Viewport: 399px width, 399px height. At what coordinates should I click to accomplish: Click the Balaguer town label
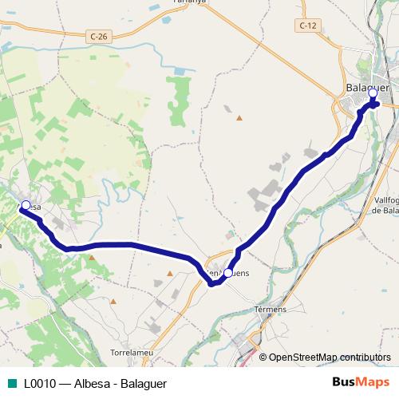[368, 88]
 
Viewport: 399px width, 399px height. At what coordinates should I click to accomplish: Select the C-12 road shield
[308, 26]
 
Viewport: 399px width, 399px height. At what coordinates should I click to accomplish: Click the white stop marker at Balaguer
[373, 93]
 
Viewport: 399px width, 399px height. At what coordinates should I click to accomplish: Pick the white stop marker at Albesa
[26, 204]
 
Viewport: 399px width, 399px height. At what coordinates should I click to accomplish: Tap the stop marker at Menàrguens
[228, 273]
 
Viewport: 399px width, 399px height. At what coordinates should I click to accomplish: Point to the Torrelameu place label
[132, 352]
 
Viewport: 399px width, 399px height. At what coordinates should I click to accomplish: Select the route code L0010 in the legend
[40, 383]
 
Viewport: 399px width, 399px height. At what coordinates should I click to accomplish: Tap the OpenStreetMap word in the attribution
[302, 358]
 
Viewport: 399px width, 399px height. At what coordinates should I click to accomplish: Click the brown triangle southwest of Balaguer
[239, 117]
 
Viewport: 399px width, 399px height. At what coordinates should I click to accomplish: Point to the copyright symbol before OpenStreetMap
[263, 358]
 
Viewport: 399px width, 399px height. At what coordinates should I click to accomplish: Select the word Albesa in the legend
[91, 383]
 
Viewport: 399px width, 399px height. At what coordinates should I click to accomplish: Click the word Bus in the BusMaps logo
[344, 382]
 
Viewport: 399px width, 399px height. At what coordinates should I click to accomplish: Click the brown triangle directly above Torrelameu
[113, 302]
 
